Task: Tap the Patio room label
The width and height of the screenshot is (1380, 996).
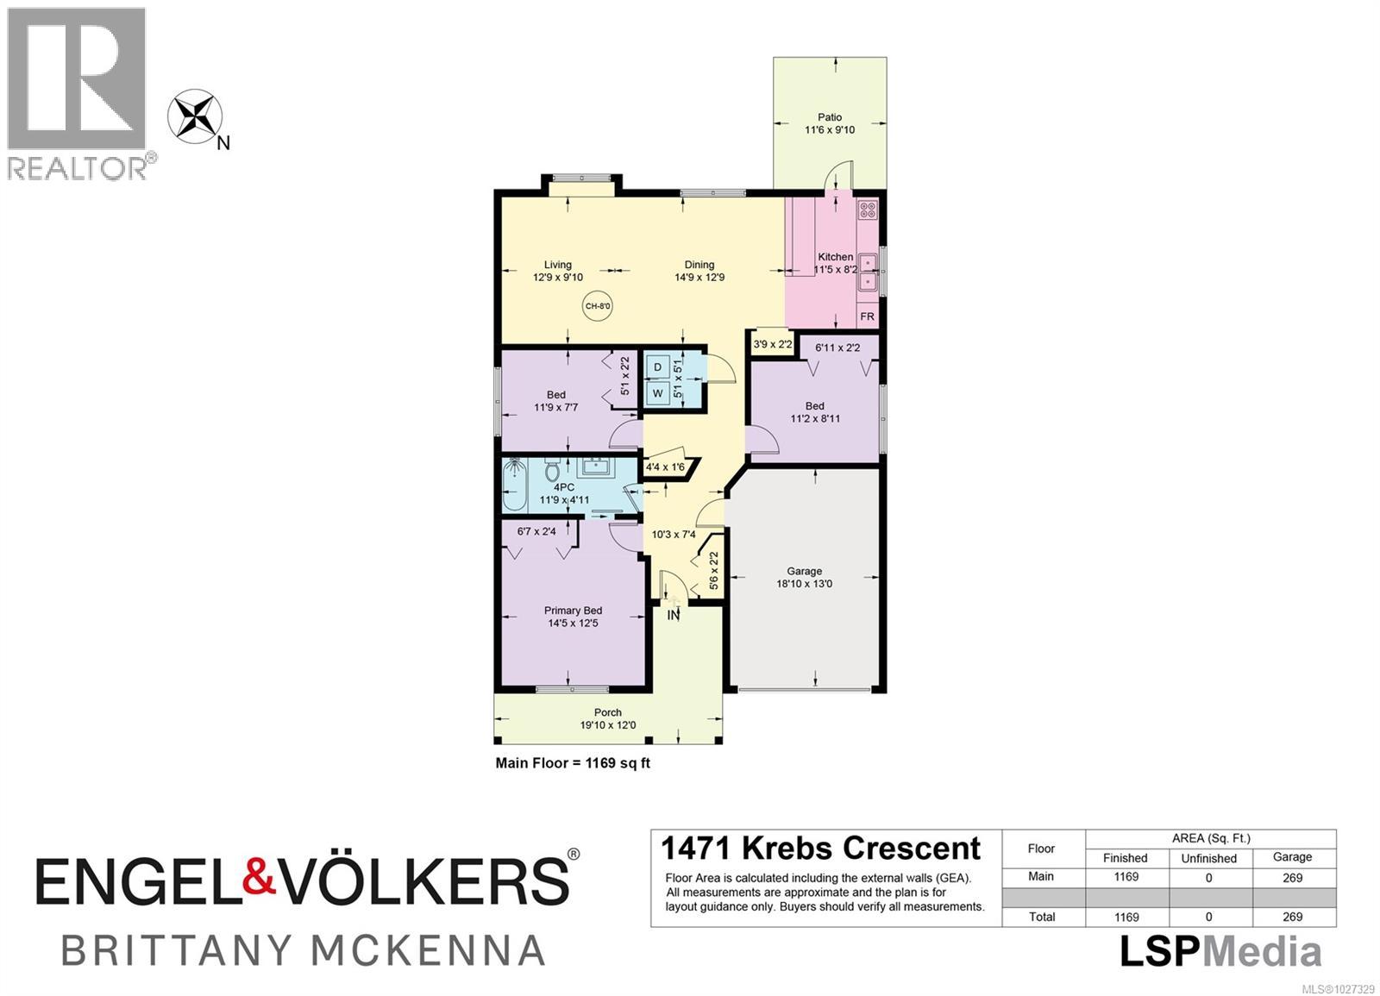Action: click(830, 117)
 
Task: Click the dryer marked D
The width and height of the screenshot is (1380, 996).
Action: click(658, 367)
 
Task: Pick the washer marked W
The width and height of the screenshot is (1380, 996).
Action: click(658, 393)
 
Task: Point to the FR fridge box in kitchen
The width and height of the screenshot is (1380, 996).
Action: click(867, 316)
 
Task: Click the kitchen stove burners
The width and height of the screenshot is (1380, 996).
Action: click(867, 210)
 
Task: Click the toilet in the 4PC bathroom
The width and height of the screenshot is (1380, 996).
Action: click(552, 471)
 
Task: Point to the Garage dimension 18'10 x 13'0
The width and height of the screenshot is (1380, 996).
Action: click(804, 584)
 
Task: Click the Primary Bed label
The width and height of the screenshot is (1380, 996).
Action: click(573, 611)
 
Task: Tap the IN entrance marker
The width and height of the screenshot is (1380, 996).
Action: click(673, 615)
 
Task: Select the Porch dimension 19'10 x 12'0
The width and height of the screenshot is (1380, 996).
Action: click(607, 725)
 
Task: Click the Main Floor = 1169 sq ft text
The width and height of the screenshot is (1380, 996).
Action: click(573, 762)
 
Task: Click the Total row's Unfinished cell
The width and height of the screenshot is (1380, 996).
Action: click(1208, 917)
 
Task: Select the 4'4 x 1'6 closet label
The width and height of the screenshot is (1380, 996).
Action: click(665, 467)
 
